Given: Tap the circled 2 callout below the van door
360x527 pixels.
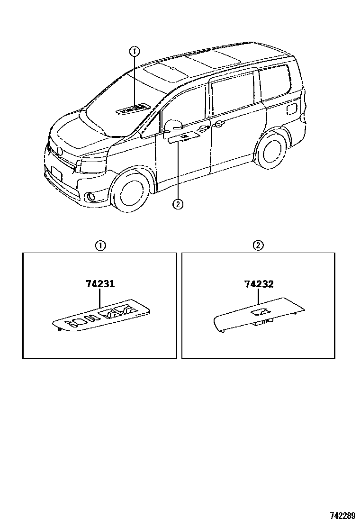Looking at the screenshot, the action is (x=178, y=204).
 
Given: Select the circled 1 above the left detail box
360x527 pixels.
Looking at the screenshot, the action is (x=100, y=245).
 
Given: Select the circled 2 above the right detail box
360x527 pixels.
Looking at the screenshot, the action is (x=259, y=245).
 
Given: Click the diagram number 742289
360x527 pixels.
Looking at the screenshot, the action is (x=342, y=515).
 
